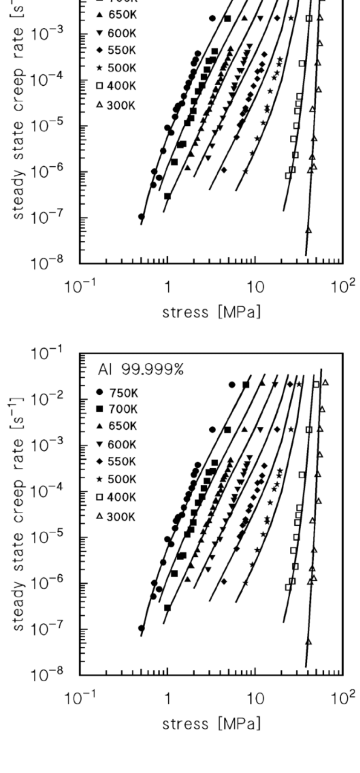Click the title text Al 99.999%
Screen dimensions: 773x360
140,370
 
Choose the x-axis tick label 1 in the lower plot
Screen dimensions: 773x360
167,699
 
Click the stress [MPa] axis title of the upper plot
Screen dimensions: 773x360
211,312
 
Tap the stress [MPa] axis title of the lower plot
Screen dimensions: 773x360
211,723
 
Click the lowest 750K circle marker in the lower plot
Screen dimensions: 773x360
141,628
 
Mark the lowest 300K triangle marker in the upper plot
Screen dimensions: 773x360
309,230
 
